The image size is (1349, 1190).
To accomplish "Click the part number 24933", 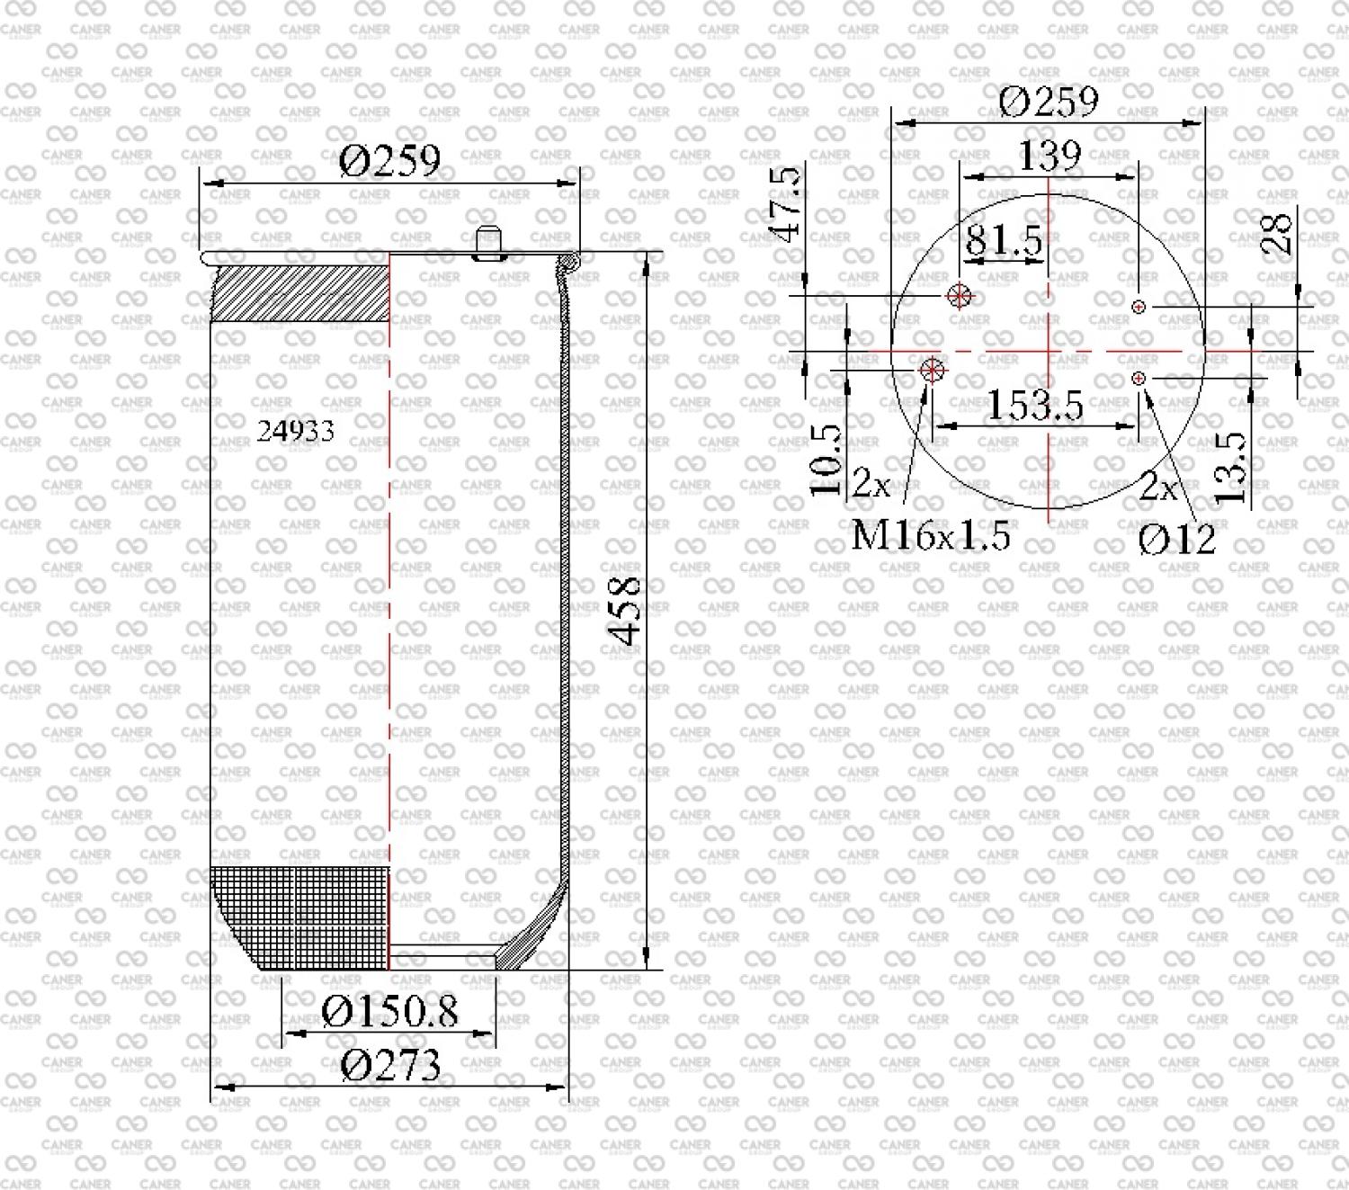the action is click(x=295, y=432).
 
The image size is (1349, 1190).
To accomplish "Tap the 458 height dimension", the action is click(x=624, y=611).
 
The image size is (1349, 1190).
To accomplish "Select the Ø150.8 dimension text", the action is click(x=389, y=1012).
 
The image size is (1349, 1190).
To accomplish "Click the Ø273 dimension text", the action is click(x=390, y=1065).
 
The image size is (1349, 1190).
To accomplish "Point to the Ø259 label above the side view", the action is click(x=389, y=160).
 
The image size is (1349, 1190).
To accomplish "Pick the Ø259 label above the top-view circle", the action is click(x=1049, y=102).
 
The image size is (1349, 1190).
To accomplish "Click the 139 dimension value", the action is click(x=1050, y=156).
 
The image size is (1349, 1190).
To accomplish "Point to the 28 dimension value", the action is click(x=1276, y=232).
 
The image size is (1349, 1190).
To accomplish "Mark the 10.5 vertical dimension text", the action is click(x=826, y=461).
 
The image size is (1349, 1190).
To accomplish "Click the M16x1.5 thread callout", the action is click(x=931, y=534).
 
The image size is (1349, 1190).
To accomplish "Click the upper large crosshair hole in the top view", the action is click(x=959, y=295).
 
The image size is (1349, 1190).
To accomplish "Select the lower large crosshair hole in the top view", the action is click(x=933, y=370).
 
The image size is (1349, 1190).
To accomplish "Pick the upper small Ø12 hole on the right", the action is click(x=1139, y=307).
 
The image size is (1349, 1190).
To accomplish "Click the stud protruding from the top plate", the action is click(x=489, y=243).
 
